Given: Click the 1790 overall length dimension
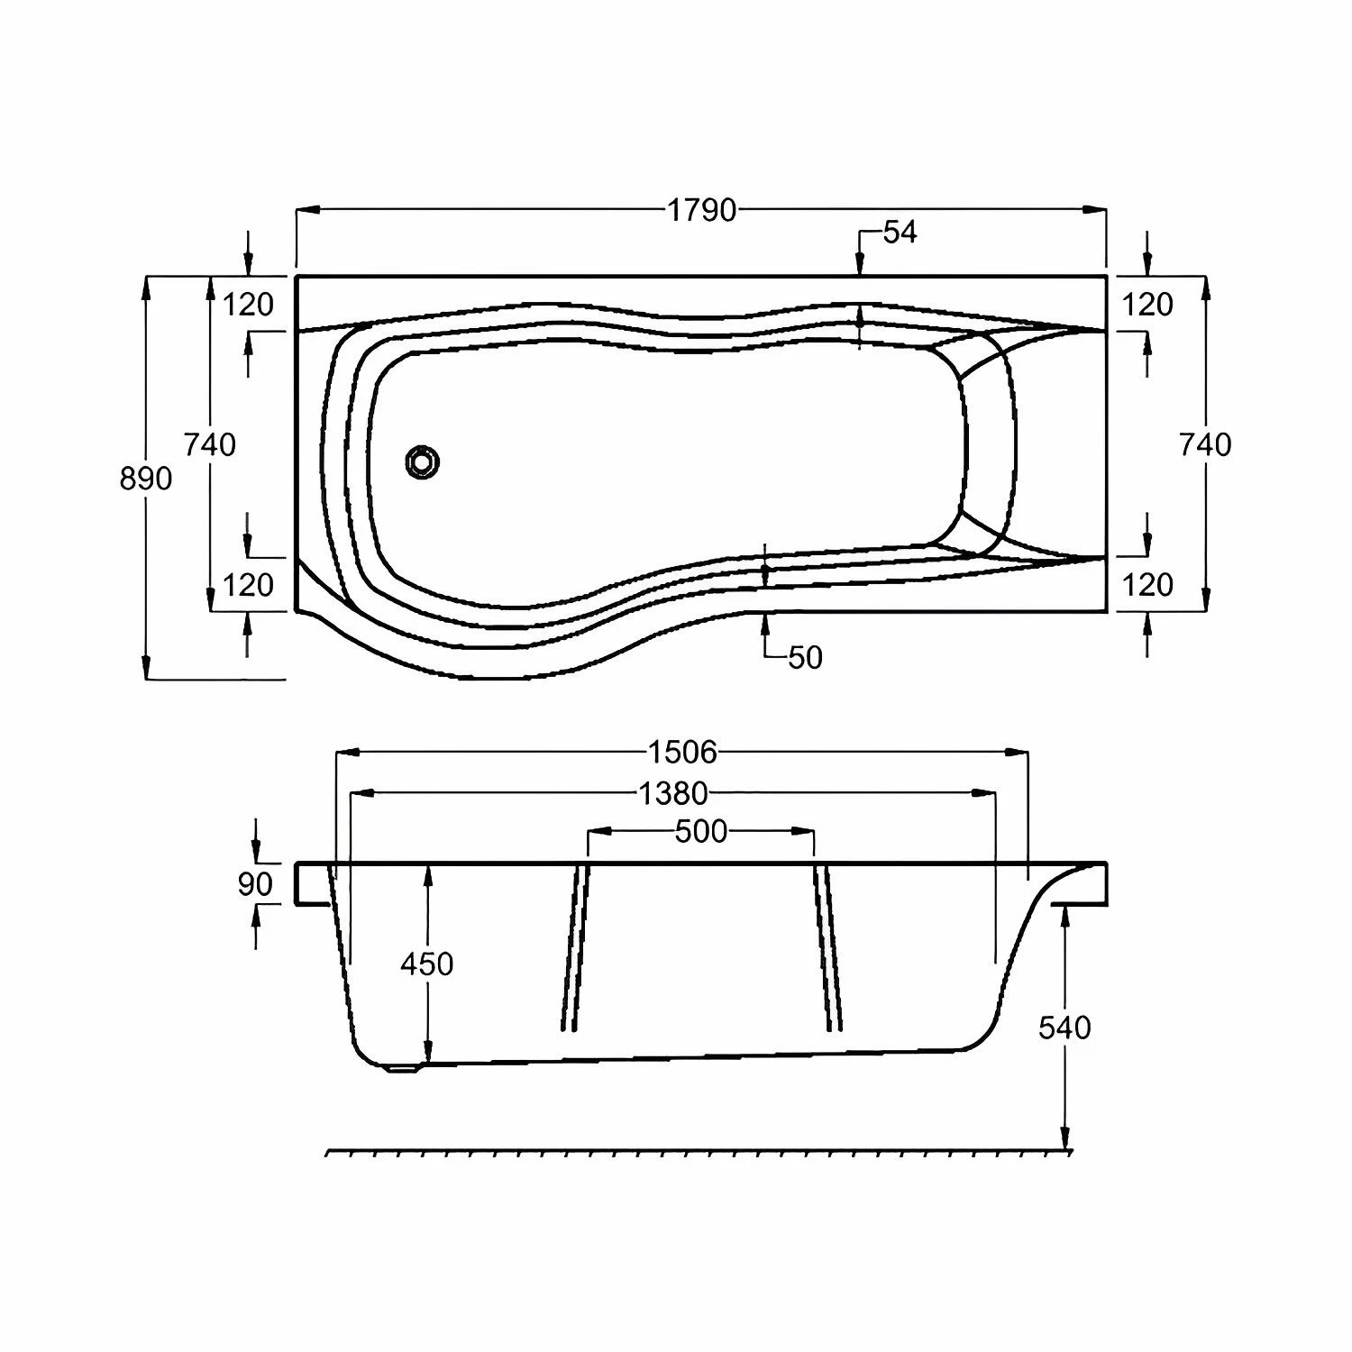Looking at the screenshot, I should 701,210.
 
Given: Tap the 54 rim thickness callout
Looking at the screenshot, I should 899,233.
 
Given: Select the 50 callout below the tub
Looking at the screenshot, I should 805,658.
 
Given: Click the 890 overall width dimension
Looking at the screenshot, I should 145,479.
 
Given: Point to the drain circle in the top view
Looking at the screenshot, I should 422,462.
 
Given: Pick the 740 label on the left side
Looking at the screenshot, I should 210,444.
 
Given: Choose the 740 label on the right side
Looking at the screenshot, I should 1205,444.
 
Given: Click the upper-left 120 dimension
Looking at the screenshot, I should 248,305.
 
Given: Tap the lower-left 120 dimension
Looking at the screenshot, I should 248,585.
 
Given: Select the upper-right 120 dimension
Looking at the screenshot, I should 1147,305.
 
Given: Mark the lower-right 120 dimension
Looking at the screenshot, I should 1147,585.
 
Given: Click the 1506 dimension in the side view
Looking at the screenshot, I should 681,751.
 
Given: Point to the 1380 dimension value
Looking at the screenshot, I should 672,793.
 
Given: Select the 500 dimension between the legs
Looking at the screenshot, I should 700,831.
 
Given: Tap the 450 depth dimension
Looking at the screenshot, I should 426,964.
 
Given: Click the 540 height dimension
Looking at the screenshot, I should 1064,1028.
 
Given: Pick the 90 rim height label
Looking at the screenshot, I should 255,884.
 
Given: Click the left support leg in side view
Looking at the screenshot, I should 574,946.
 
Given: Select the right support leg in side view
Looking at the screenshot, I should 828,946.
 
